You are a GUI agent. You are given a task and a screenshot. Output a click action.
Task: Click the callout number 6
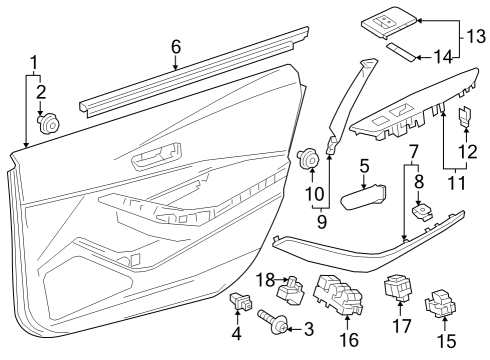[x=176, y=46]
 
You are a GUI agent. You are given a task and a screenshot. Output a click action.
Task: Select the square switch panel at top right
[x=386, y=18]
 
